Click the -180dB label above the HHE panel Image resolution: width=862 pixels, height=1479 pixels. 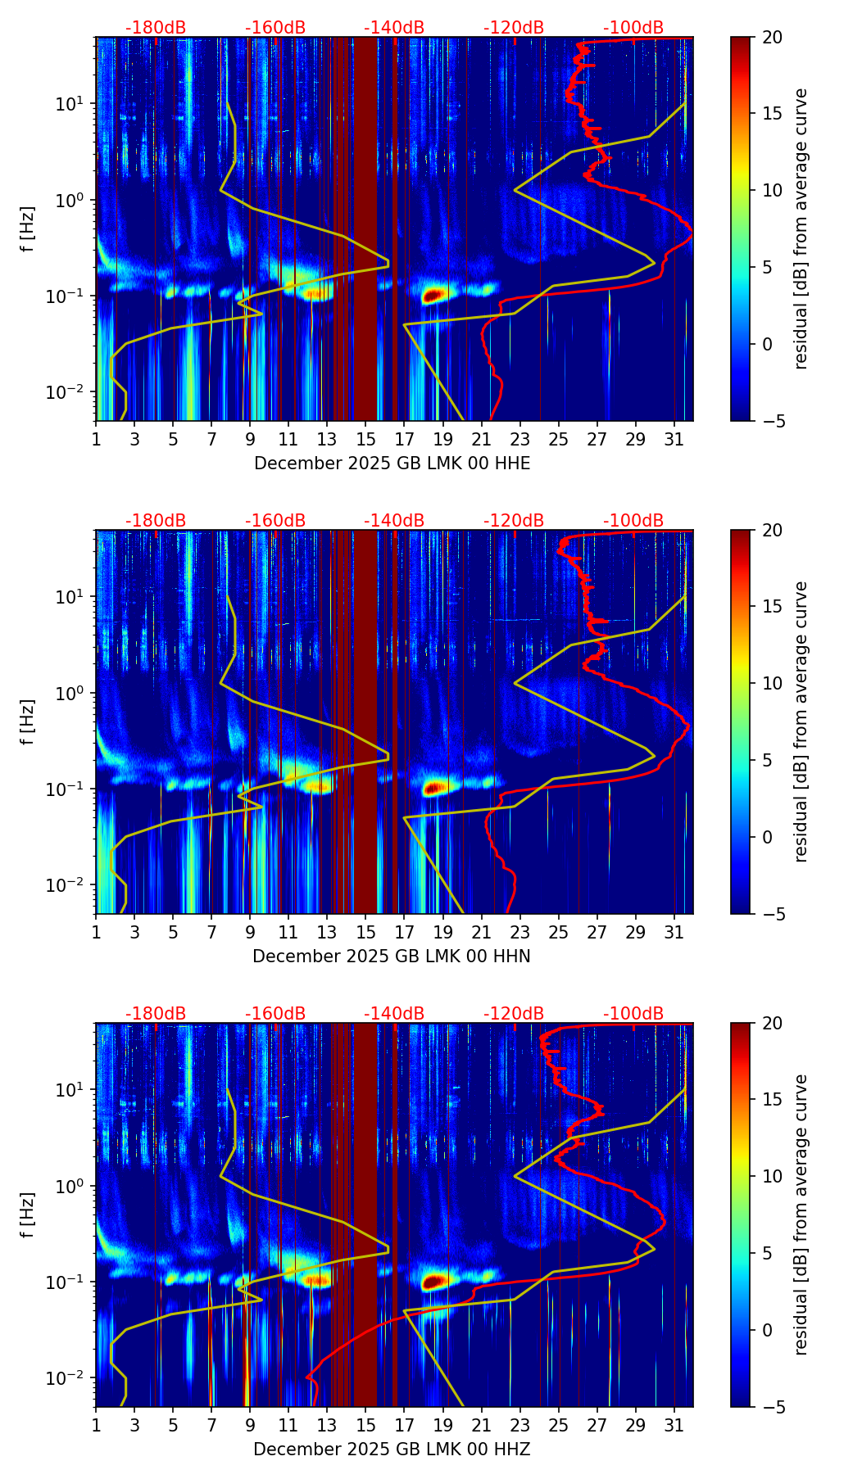[x=156, y=28]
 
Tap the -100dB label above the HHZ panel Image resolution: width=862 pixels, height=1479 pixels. [x=633, y=1014]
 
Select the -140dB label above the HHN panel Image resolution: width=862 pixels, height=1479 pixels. [x=394, y=521]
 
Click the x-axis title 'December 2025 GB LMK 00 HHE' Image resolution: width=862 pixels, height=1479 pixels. [x=392, y=464]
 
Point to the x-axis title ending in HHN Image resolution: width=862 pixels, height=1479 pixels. [x=392, y=957]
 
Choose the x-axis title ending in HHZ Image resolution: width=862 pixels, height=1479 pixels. [x=392, y=1450]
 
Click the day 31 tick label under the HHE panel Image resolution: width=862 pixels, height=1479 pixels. [x=674, y=440]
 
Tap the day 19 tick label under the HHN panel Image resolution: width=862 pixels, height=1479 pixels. [x=443, y=933]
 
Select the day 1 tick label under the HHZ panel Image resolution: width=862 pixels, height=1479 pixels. [x=97, y=1426]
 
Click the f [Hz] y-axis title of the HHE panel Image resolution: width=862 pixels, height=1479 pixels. [x=28, y=229]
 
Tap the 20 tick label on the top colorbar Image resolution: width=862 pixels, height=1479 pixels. [x=773, y=38]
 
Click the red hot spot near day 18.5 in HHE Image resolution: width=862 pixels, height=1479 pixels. [x=433, y=296]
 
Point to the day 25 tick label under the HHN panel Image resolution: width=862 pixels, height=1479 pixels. [x=559, y=933]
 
